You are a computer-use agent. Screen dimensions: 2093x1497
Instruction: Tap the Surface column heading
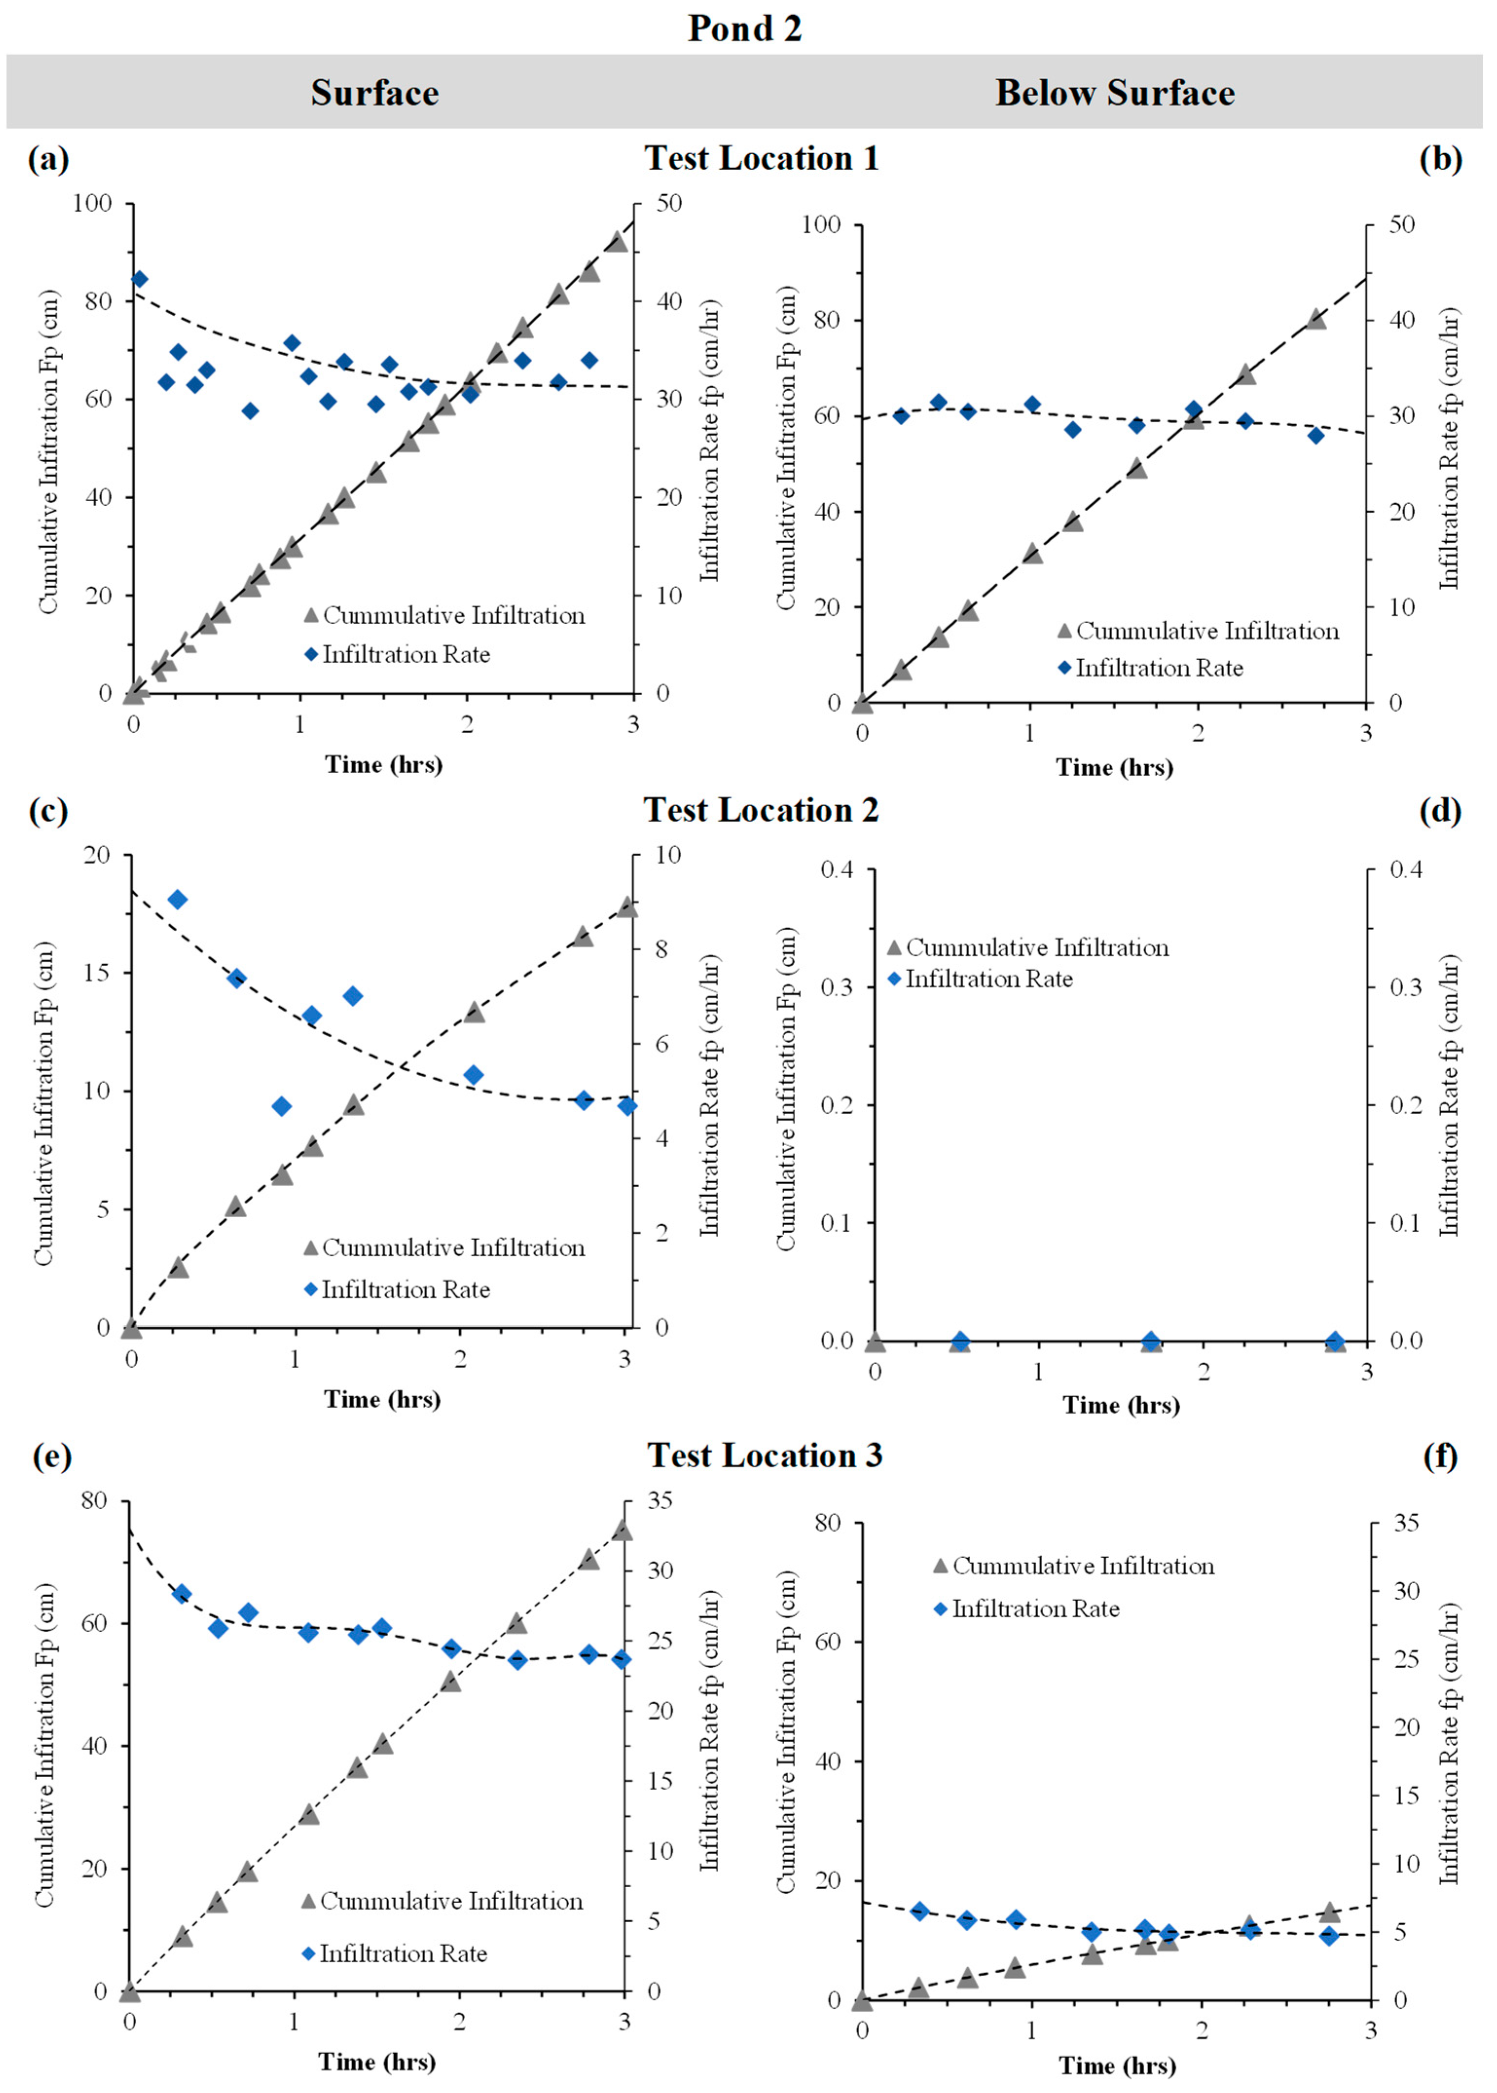tap(374, 93)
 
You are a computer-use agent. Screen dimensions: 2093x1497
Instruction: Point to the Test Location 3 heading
tap(764, 1455)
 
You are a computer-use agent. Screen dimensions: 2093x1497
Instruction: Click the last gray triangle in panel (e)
tap(622, 1530)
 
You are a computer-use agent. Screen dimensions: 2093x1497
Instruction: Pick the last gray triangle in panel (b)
tap(1317, 319)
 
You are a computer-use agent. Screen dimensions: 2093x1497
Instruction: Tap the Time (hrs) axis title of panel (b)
tap(1115, 768)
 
